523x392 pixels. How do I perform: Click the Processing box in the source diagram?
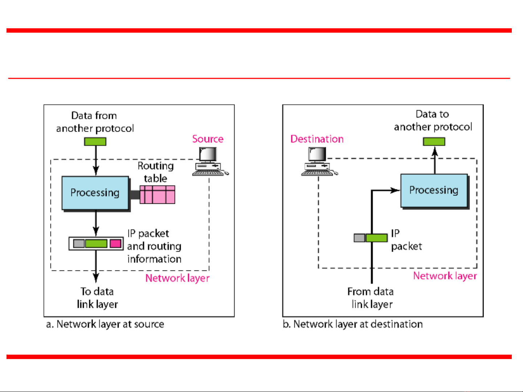(95, 193)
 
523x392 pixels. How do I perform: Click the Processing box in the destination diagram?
(434, 190)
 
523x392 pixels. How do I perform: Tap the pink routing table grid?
(158, 194)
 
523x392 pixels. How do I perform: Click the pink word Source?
(208, 139)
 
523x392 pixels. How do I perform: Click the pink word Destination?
(317, 139)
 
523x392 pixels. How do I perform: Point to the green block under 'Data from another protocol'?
(95, 141)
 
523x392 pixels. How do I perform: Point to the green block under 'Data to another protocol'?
(434, 141)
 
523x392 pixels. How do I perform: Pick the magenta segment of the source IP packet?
(115, 244)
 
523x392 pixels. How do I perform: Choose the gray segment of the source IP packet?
(79, 244)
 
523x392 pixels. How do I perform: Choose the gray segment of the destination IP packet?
(359, 238)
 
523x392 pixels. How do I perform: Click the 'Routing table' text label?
(155, 172)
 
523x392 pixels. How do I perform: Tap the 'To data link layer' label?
(97, 298)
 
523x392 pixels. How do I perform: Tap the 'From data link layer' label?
(371, 298)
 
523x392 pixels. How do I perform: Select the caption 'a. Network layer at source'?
(105, 324)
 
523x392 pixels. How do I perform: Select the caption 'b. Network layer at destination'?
(352, 324)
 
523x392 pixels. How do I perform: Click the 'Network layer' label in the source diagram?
(177, 278)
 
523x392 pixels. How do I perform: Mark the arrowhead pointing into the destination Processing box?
(395, 190)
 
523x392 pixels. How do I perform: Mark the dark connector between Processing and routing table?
(134, 195)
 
